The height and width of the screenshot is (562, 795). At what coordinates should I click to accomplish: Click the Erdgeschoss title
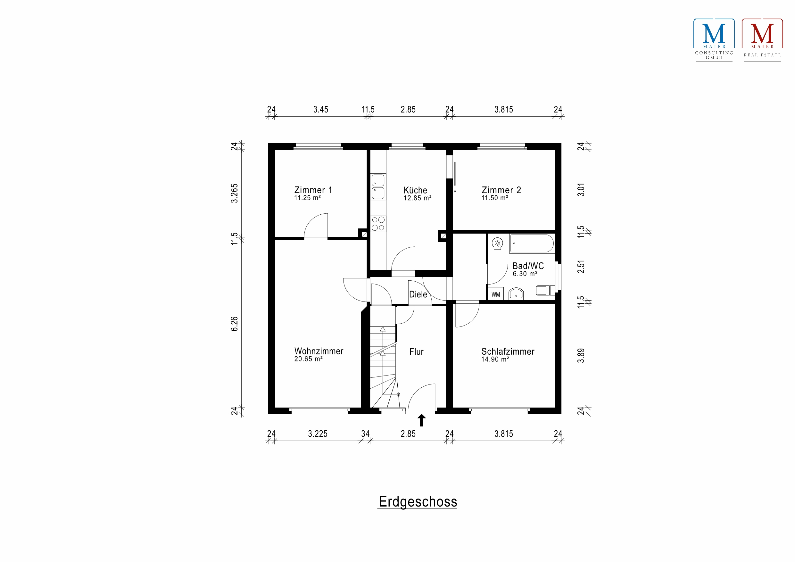pyautogui.click(x=418, y=502)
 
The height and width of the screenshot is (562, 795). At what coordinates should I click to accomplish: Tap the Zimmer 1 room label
pyautogui.click(x=313, y=190)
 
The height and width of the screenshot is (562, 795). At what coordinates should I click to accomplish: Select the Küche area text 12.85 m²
pyautogui.click(x=417, y=198)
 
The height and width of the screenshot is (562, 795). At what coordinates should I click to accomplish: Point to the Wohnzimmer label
pyautogui.click(x=319, y=351)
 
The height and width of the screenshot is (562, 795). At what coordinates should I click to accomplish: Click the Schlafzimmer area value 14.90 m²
pyautogui.click(x=495, y=360)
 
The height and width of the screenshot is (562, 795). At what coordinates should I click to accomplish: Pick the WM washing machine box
pyautogui.click(x=495, y=295)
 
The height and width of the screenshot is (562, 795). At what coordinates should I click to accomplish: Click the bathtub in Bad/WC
pyautogui.click(x=532, y=244)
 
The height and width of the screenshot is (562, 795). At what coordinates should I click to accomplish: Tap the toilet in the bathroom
pyautogui.click(x=544, y=290)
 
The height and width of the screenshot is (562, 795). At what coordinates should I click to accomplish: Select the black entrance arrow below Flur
pyautogui.click(x=421, y=420)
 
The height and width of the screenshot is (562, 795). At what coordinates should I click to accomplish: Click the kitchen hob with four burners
pyautogui.click(x=378, y=224)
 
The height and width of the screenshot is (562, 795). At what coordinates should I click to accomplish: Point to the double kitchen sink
pyautogui.click(x=378, y=187)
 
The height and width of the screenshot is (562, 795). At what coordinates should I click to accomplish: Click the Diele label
pyautogui.click(x=418, y=295)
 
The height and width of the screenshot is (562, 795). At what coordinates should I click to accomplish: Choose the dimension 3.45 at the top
pyautogui.click(x=321, y=110)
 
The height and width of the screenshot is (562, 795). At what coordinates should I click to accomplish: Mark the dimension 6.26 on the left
pyautogui.click(x=235, y=324)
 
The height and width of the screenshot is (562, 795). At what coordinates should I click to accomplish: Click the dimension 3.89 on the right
pyautogui.click(x=581, y=356)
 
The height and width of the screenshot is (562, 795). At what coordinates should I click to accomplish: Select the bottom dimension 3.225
pyautogui.click(x=318, y=434)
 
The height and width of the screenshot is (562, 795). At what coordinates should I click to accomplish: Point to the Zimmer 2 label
pyautogui.click(x=501, y=190)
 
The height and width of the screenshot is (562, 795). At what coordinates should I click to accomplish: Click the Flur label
pyautogui.click(x=416, y=352)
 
